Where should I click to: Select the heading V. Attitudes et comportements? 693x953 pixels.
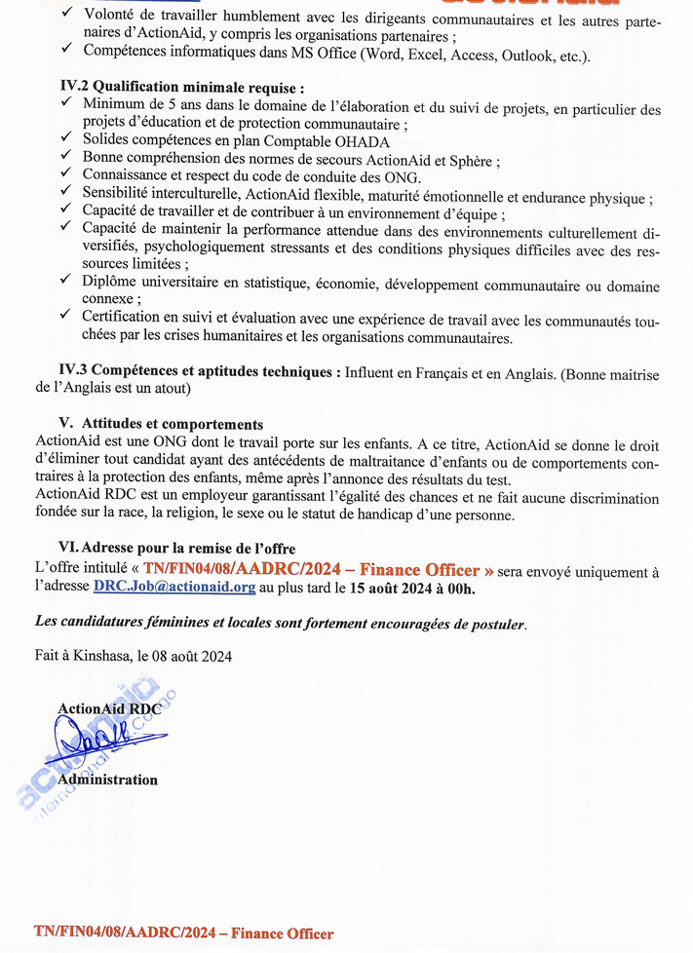[161, 424]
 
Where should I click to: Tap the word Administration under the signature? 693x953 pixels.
[107, 780]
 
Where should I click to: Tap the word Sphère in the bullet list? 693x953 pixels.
[473, 160]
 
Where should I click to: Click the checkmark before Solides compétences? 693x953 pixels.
[66, 140]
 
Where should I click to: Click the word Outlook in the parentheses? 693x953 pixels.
[524, 56]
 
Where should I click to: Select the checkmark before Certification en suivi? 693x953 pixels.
[66, 316]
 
